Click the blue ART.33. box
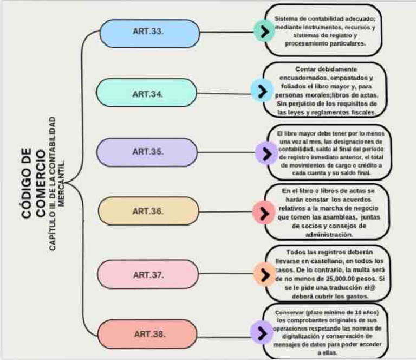click(148, 32)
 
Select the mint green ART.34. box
click(148, 93)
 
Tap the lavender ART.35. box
click(148, 151)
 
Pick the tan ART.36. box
click(148, 211)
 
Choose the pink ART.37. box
click(148, 275)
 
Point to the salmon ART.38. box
click(148, 334)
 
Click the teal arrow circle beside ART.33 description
click(264, 31)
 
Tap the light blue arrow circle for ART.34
click(262, 90)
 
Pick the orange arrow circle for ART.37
click(264, 273)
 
